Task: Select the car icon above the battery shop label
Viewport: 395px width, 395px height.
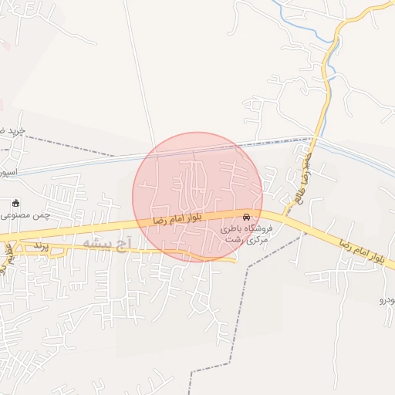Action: pyautogui.click(x=247, y=217)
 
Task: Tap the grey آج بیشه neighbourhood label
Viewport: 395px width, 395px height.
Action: pyautogui.click(x=107, y=244)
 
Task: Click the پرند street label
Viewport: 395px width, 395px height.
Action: pyautogui.click(x=41, y=245)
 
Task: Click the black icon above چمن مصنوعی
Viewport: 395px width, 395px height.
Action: pyautogui.click(x=17, y=202)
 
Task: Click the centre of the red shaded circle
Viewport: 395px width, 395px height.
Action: pyautogui.click(x=197, y=197)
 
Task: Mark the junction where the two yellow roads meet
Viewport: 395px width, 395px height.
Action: pyautogui.click(x=282, y=217)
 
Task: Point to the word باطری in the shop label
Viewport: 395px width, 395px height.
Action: pyautogui.click(x=232, y=229)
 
